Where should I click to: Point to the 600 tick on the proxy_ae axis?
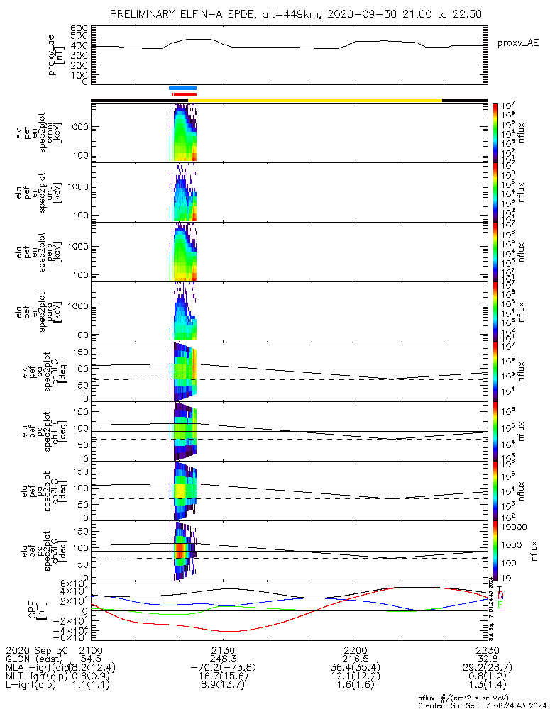coord(79,28)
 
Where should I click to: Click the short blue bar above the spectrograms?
coord(182,89)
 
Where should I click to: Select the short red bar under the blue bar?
coord(184,94)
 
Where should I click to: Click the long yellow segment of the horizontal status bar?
coord(319,100)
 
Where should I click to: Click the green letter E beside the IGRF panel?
coord(500,605)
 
